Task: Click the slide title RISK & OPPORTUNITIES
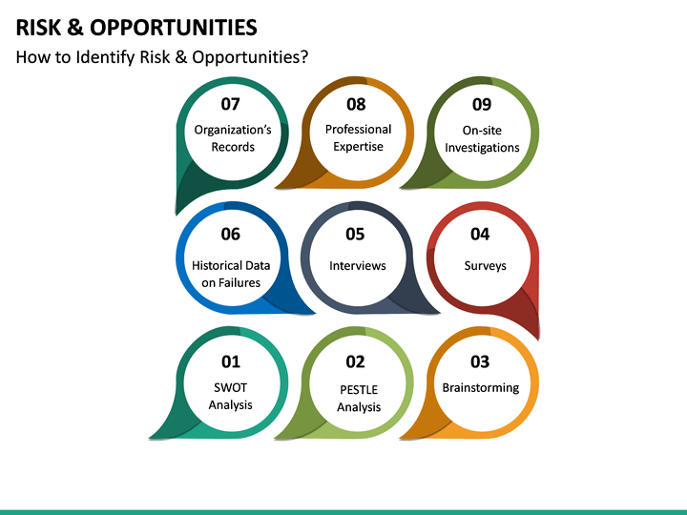(135, 27)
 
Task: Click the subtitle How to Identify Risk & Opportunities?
(162, 57)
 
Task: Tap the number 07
(231, 104)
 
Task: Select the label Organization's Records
(233, 138)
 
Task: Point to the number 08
(356, 104)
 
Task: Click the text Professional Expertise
(358, 137)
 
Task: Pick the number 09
(482, 104)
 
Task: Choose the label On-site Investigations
(482, 138)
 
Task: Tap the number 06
(230, 234)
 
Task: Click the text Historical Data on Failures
(231, 274)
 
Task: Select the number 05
(355, 234)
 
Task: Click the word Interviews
(357, 265)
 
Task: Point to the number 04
(480, 234)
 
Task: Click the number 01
(231, 361)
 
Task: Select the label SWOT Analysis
(231, 396)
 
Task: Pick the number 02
(355, 361)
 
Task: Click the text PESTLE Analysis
(359, 398)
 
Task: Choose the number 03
(480, 361)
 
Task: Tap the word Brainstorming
(481, 387)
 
